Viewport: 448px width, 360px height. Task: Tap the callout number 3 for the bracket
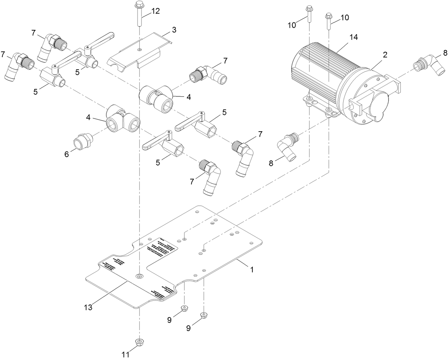click(x=174, y=30)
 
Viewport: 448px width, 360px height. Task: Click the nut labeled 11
click(x=139, y=342)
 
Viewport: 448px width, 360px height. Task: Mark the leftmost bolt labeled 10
click(x=309, y=14)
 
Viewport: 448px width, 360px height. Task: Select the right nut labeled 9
click(x=204, y=316)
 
